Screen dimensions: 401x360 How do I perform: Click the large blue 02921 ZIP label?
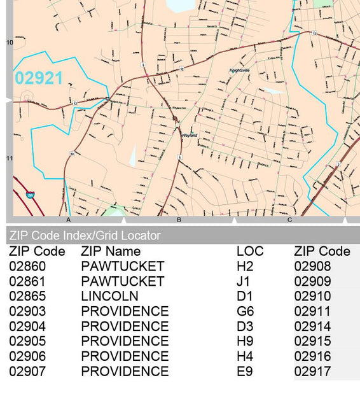39,78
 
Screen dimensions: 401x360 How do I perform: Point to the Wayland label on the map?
189,135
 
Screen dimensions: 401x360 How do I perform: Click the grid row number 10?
10,43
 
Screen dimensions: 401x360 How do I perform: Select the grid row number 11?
10,158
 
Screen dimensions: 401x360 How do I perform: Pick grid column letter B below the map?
179,220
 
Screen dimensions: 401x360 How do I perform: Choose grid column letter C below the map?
289,220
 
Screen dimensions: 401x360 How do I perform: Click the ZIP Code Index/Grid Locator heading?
85,236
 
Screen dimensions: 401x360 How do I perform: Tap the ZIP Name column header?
111,251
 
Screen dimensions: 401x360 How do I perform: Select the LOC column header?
249,251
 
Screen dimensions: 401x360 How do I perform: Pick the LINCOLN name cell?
109,296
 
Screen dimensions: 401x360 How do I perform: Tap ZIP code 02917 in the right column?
312,371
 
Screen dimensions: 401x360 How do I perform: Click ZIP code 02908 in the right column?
312,266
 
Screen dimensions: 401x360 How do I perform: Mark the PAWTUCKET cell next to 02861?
122,281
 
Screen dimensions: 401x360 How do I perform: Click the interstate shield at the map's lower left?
30,193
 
